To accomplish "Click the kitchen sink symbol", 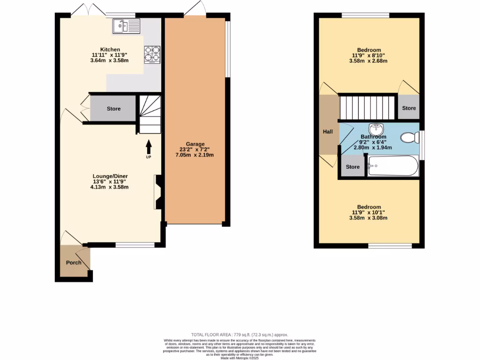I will pyautogui.click(x=126, y=26).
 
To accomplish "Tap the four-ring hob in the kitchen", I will pyautogui.click(x=151, y=53).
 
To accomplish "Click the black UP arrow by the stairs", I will pyautogui.click(x=149, y=147).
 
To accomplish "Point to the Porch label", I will pyautogui.click(x=74, y=262).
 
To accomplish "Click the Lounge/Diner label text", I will pyautogui.click(x=110, y=176).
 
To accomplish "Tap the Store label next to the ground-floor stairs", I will pyautogui.click(x=113, y=109).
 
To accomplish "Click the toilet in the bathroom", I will pyautogui.click(x=410, y=137).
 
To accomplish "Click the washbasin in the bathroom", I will pyautogui.click(x=376, y=128).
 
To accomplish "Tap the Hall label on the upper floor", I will pyautogui.click(x=328, y=132).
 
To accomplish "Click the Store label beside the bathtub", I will pyautogui.click(x=352, y=167).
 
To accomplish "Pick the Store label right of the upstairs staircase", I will pyautogui.click(x=409, y=108).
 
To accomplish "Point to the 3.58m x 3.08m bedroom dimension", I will pyautogui.click(x=369, y=218).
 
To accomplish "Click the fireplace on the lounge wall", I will pyautogui.click(x=157, y=192).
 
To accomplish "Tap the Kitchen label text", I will pyautogui.click(x=110, y=50).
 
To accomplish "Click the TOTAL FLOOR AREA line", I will pyautogui.click(x=240, y=335).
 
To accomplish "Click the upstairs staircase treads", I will pyautogui.click(x=367, y=108).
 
